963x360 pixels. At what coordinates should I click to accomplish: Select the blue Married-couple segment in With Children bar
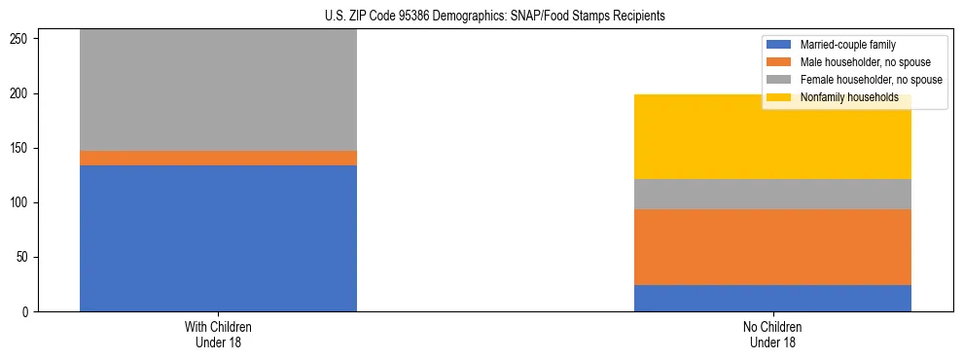click(x=218, y=238)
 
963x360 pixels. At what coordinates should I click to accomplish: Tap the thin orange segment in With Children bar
click(x=218, y=158)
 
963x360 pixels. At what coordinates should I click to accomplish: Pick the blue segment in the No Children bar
click(x=772, y=298)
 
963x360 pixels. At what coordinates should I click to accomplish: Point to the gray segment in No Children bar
click(x=772, y=194)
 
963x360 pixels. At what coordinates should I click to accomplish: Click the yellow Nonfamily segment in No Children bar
click(x=772, y=136)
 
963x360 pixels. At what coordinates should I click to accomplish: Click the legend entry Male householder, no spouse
click(x=857, y=62)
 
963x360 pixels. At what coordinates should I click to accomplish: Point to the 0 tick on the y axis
click(x=30, y=312)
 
